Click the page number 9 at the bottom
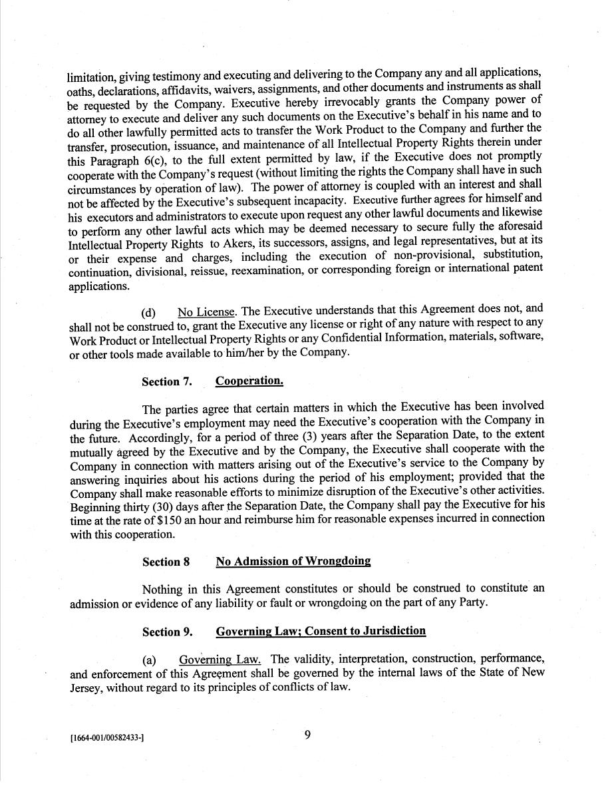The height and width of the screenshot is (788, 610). coord(307,735)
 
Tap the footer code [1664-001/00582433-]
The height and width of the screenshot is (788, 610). coord(106,737)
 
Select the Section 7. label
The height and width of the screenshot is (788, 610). coord(166,381)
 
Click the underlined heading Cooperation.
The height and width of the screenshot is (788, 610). coord(249,381)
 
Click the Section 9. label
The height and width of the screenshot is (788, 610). coord(166,632)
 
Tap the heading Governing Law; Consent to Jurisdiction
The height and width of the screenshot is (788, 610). coord(321,631)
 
